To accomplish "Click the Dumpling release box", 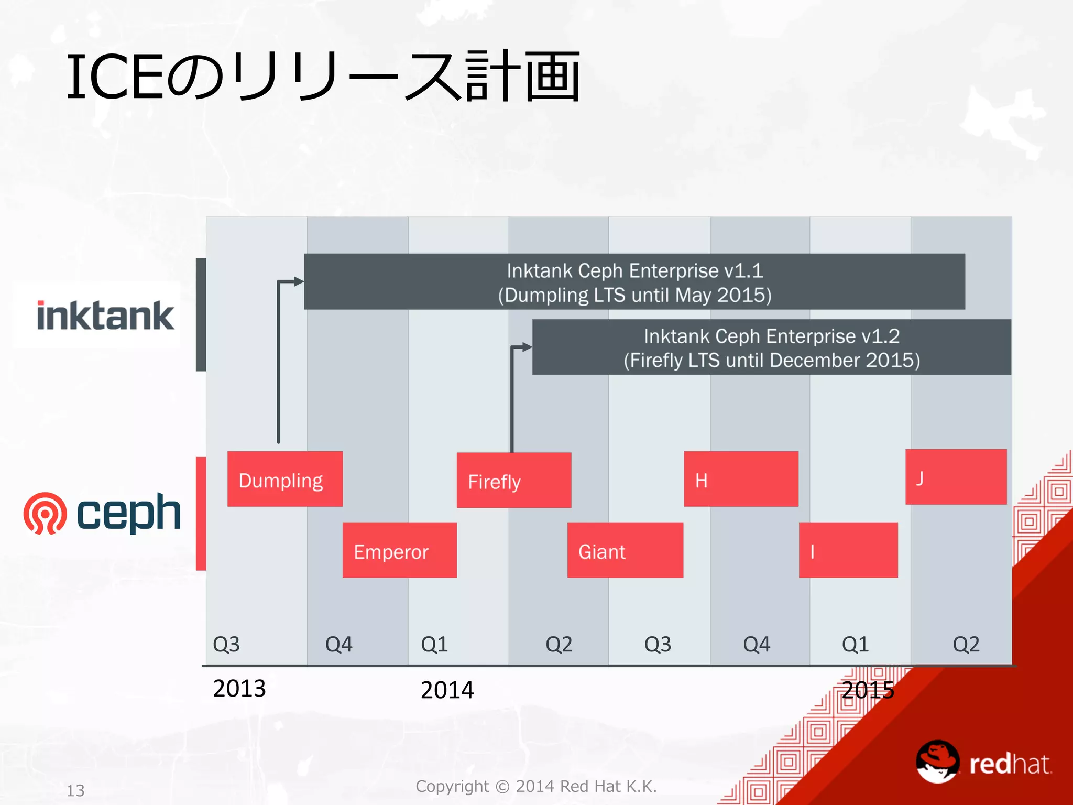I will pyautogui.click(x=285, y=478).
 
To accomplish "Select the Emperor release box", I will pyautogui.click(x=399, y=550).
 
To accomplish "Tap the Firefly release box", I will pyautogui.click(x=513, y=480).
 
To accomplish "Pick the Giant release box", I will pyautogui.click(x=625, y=550).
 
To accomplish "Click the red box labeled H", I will pyautogui.click(x=741, y=478).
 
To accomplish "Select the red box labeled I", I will pyautogui.click(x=848, y=550).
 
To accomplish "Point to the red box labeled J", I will pyautogui.click(x=956, y=476).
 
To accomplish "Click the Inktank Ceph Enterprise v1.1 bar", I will pyautogui.click(x=634, y=281).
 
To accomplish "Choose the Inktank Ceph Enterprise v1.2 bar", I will pyautogui.click(x=771, y=347).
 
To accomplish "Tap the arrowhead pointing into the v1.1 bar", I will pyautogui.click(x=299, y=281).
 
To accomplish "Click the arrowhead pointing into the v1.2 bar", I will pyautogui.click(x=527, y=347).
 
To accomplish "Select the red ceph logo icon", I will pyautogui.click(x=45, y=513).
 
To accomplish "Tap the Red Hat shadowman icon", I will pyautogui.click(x=937, y=761).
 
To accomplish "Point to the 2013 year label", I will pyautogui.click(x=239, y=688).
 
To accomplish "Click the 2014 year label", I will pyautogui.click(x=447, y=690).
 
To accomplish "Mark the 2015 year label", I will pyautogui.click(x=868, y=690).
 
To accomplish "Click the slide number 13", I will pyautogui.click(x=75, y=790).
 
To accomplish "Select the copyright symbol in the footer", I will pyautogui.click(x=502, y=787).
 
